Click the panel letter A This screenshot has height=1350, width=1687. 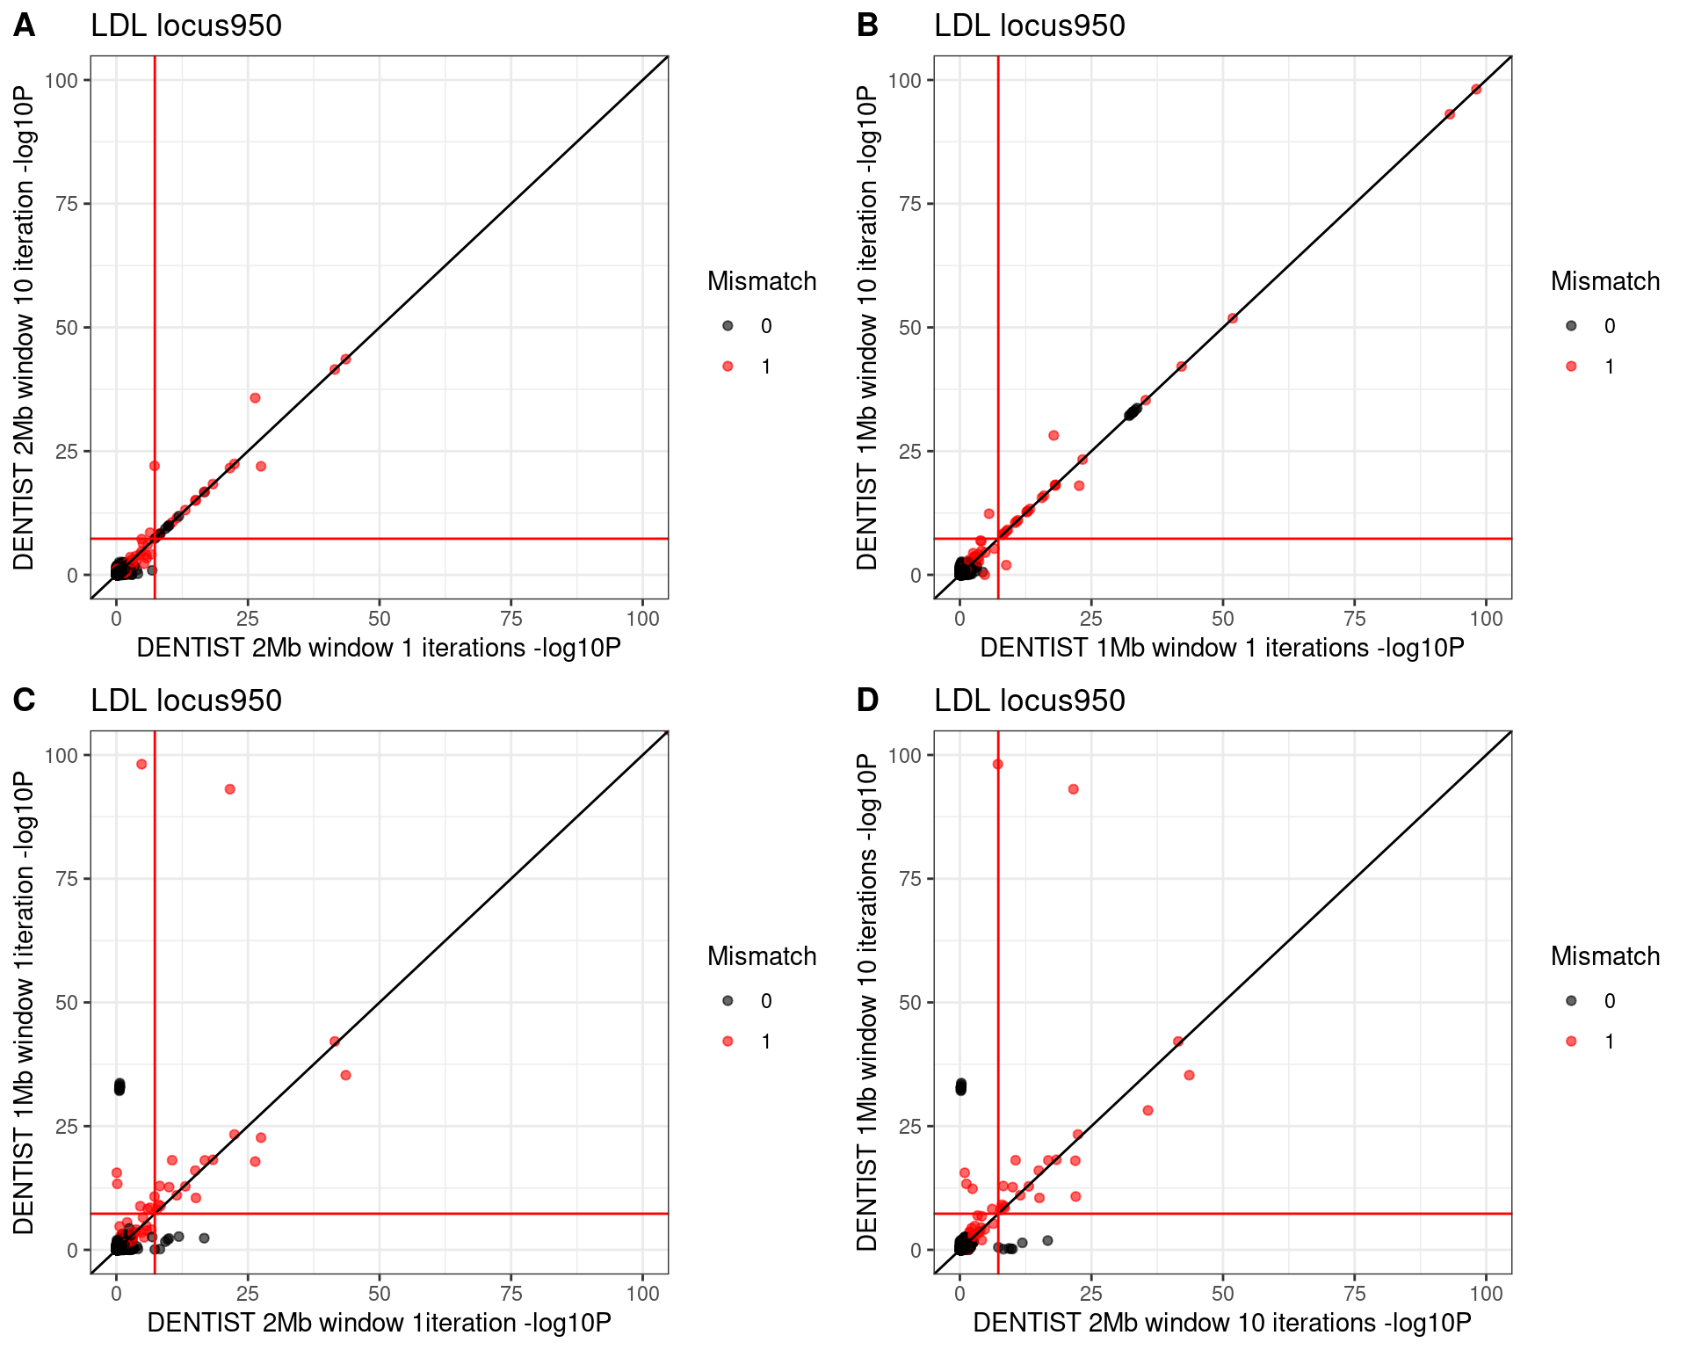(x=25, y=25)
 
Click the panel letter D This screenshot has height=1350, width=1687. (x=867, y=700)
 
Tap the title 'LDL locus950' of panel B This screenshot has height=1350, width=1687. (x=1029, y=25)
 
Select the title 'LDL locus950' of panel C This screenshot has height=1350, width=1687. (x=186, y=700)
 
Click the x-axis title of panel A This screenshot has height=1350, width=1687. (x=379, y=648)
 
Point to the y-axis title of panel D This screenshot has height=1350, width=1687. (x=867, y=1002)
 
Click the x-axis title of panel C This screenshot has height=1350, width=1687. (x=379, y=1323)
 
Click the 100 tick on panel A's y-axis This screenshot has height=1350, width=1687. (x=62, y=80)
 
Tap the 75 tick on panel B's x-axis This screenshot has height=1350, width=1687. (x=1354, y=619)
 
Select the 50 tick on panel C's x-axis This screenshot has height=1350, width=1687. (x=379, y=1294)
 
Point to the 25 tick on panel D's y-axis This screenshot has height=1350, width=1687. (x=910, y=1126)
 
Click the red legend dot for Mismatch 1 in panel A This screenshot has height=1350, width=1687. (x=728, y=367)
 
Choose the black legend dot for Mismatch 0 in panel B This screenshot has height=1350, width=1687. (x=1571, y=326)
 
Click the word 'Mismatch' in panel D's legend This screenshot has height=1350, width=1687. (x=1604, y=956)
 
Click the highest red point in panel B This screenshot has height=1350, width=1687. (x=1476, y=90)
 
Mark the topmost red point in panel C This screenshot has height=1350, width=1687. (x=141, y=765)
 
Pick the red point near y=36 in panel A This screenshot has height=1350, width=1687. (x=255, y=398)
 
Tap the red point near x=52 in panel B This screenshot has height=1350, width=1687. (x=1232, y=318)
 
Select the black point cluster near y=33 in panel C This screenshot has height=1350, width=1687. (x=119, y=1087)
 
